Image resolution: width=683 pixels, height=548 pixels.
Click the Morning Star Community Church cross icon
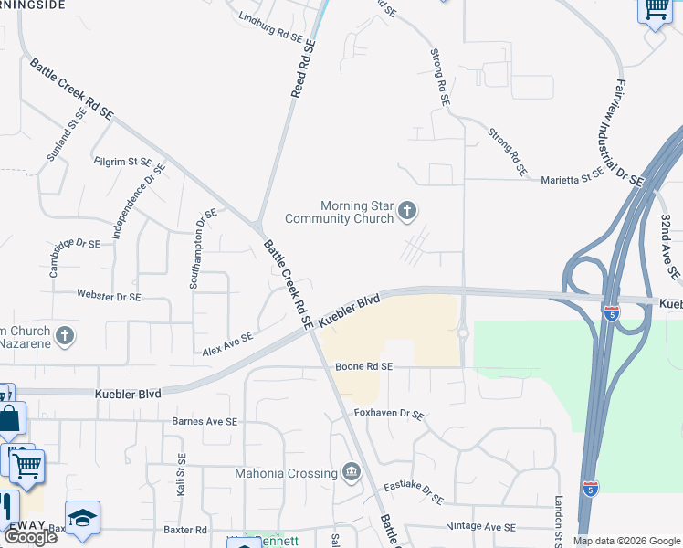(408, 213)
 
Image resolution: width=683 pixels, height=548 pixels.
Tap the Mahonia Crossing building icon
(351, 471)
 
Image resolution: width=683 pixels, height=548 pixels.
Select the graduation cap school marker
(82, 518)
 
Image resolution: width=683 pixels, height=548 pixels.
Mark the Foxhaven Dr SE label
(389, 414)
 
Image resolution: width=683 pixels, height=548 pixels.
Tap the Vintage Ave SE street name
(482, 527)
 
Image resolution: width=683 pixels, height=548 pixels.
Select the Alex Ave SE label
(227, 344)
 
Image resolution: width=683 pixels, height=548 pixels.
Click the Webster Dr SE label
(109, 297)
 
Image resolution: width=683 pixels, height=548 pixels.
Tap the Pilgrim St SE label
(122, 161)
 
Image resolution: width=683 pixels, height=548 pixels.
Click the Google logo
(30, 536)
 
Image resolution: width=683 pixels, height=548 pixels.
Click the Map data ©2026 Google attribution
(625, 541)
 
